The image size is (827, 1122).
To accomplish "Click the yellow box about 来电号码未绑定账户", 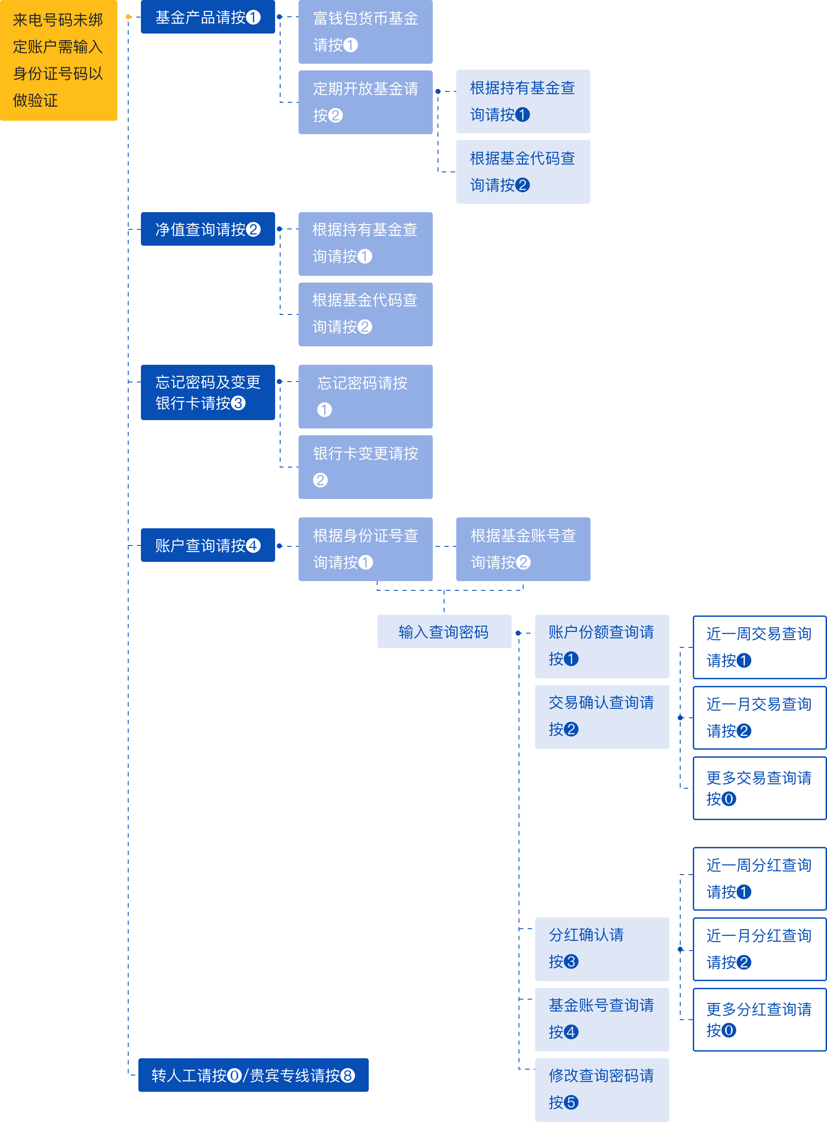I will pyautogui.click(x=59, y=60).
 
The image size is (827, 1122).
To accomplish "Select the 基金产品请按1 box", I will pyautogui.click(x=208, y=17).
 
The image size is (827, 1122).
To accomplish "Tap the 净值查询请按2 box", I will pyautogui.click(x=208, y=229).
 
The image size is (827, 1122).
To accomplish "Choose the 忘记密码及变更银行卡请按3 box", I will pyautogui.click(x=208, y=392).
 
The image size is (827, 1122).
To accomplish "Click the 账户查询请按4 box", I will pyautogui.click(x=208, y=545).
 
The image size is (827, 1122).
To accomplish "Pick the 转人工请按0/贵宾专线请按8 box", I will pyautogui.click(x=253, y=1075).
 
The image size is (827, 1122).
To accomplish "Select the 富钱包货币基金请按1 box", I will pyautogui.click(x=365, y=32).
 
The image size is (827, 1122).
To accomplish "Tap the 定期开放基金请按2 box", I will pyautogui.click(x=365, y=102).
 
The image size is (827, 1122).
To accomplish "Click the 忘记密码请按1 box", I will pyautogui.click(x=365, y=396).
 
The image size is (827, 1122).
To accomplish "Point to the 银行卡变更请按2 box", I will pyautogui.click(x=365, y=467).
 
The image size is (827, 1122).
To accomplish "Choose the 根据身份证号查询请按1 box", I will pyautogui.click(x=365, y=549).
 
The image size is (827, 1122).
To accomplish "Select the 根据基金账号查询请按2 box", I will pyautogui.click(x=523, y=549).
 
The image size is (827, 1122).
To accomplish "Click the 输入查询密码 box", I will pyautogui.click(x=444, y=631).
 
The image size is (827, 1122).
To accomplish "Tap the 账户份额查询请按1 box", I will pyautogui.click(x=602, y=646).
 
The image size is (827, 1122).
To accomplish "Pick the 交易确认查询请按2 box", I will pyautogui.click(x=602, y=717).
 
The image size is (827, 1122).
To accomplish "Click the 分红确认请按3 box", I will pyautogui.click(x=602, y=949).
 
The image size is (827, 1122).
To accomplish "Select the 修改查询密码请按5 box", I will pyautogui.click(x=602, y=1089).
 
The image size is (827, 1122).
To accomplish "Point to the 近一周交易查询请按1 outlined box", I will pyautogui.click(x=759, y=647).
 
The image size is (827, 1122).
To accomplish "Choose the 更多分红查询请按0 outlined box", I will pyautogui.click(x=759, y=1019).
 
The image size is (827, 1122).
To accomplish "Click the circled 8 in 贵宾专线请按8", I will pyautogui.click(x=347, y=1075).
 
